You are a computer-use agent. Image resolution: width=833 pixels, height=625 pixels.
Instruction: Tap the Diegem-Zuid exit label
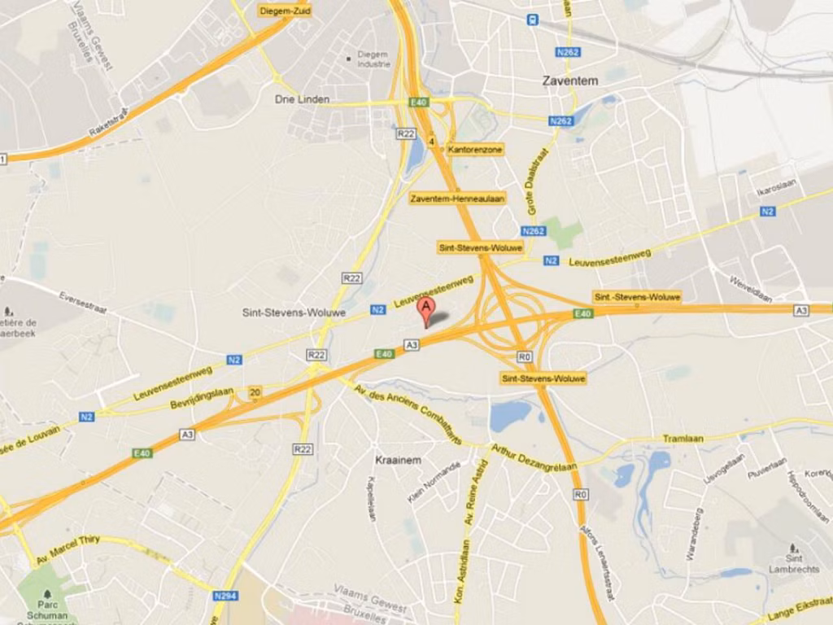tap(285, 11)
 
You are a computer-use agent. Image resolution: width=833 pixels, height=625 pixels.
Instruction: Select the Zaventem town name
tap(570, 81)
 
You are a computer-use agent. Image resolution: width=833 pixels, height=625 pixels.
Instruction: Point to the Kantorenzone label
tap(475, 150)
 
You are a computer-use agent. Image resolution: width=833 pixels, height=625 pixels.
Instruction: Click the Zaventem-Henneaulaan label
tap(457, 198)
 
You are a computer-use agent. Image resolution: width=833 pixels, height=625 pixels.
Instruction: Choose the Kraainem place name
tap(398, 460)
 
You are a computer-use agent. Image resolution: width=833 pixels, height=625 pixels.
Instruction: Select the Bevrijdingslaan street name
tap(203, 399)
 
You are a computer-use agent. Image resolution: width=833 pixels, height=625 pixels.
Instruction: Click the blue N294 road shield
tap(225, 596)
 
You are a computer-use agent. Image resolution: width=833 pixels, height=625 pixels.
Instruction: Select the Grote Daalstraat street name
tap(538, 182)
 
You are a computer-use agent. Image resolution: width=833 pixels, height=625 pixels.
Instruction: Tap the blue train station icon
tap(532, 20)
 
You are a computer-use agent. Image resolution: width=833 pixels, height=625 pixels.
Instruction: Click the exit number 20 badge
tap(255, 391)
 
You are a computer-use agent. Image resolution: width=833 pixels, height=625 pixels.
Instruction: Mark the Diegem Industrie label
tap(373, 59)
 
